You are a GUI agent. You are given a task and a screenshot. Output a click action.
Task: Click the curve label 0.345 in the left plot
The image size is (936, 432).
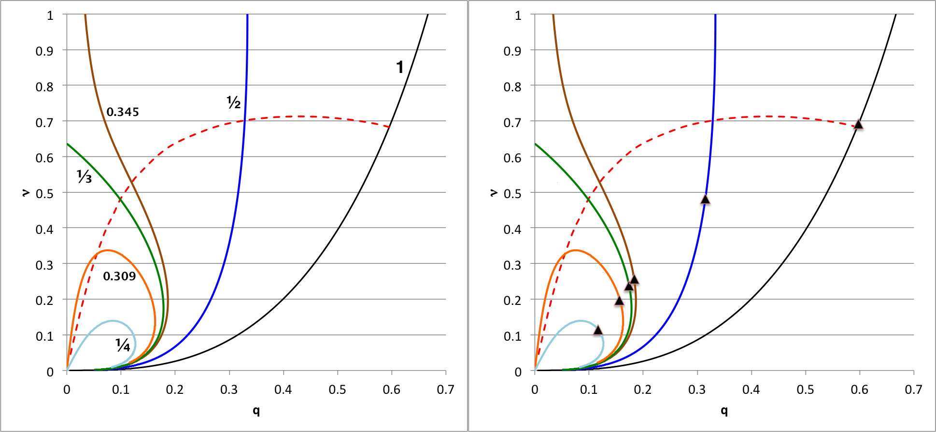pyautogui.click(x=123, y=112)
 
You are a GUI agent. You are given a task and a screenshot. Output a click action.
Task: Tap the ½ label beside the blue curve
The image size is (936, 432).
pyautogui.click(x=234, y=102)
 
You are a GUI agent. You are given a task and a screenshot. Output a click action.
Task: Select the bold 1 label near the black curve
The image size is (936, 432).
pyautogui.click(x=400, y=67)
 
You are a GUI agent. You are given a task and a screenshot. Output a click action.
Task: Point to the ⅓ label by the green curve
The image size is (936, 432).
pyautogui.click(x=84, y=177)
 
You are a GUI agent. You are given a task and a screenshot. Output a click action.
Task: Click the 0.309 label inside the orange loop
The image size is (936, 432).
pyautogui.click(x=119, y=276)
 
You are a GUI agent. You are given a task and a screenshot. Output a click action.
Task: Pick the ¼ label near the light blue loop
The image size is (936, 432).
pyautogui.click(x=123, y=345)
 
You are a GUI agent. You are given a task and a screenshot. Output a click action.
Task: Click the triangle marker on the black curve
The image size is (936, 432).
pyautogui.click(x=858, y=124)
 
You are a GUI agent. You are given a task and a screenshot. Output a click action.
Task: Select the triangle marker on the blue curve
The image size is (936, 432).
pyautogui.click(x=705, y=199)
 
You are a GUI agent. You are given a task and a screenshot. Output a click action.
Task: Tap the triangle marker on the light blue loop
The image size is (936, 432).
pyautogui.click(x=598, y=331)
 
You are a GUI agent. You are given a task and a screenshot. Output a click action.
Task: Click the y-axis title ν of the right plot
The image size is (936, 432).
pyautogui.click(x=494, y=192)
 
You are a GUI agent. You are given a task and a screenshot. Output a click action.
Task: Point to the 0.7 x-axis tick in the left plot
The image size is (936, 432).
pyautogui.click(x=445, y=389)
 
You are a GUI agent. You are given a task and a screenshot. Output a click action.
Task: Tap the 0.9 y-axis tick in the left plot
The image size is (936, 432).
pyautogui.click(x=44, y=51)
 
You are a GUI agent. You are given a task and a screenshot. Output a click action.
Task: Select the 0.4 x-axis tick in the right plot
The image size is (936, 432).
pyautogui.click(x=751, y=389)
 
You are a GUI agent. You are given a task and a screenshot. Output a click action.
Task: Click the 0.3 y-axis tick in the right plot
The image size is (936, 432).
pyautogui.click(x=512, y=265)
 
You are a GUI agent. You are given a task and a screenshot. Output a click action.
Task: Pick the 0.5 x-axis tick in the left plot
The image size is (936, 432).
pyautogui.click(x=337, y=389)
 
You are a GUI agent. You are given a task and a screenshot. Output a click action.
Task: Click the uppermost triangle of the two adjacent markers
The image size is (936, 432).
pyautogui.click(x=634, y=279)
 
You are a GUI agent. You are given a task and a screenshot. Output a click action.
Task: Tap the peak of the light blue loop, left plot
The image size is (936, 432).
pyautogui.click(x=113, y=320)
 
